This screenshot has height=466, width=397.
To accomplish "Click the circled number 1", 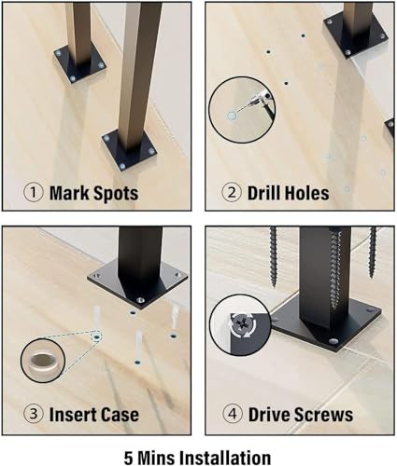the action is [34, 193].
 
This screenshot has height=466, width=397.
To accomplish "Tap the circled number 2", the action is [232, 193].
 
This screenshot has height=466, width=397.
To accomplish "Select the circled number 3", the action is [34, 414].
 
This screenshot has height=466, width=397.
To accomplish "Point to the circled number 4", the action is [233, 414].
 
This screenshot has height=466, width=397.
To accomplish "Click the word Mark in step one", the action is [69, 193].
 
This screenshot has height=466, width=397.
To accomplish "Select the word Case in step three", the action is [120, 415].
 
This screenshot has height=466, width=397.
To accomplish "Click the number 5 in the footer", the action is [129, 458].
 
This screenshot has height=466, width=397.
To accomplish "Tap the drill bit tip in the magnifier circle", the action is [236, 112].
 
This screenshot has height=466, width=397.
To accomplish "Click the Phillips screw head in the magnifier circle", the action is [243, 325].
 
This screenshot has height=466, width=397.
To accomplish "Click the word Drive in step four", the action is [268, 415].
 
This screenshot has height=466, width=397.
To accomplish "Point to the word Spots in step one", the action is [116, 194].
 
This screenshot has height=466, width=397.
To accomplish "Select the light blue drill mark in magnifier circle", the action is [232, 116].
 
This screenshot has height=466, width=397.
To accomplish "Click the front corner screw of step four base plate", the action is [334, 342].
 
